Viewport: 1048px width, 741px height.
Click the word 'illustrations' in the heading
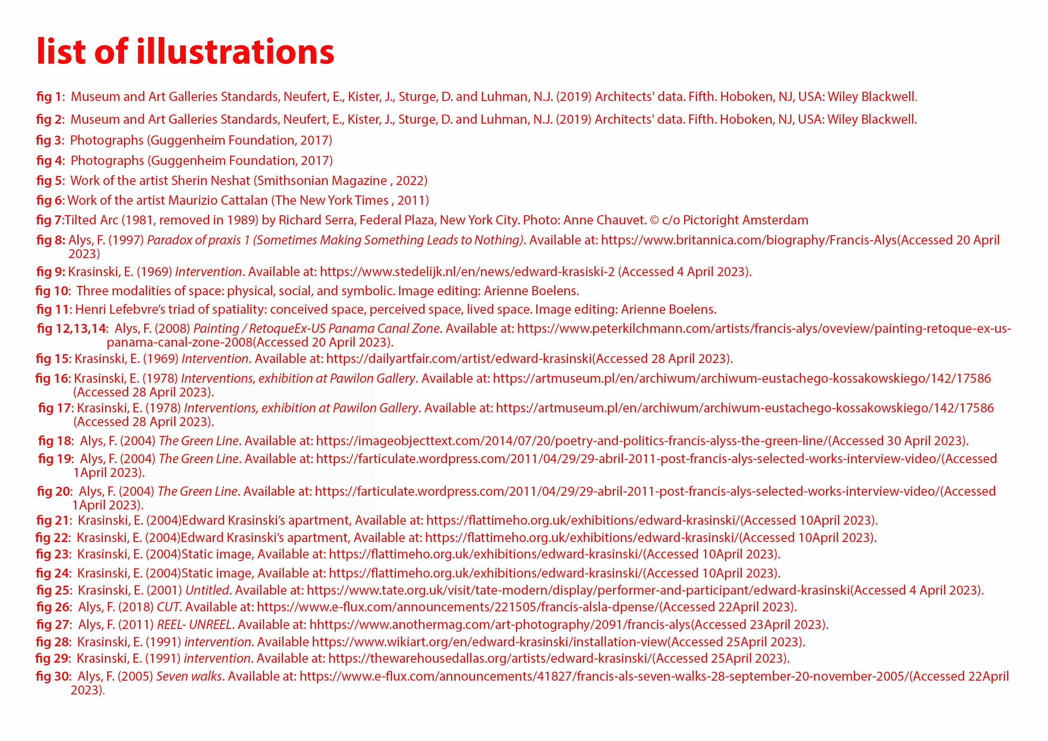pos(235,51)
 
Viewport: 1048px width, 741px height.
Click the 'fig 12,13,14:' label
pos(72,329)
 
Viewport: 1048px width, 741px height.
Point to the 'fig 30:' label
pos(53,676)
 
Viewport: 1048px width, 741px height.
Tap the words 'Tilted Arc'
pos(91,220)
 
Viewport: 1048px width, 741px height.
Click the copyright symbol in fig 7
pos(654,221)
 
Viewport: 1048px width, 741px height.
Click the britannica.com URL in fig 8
pos(749,240)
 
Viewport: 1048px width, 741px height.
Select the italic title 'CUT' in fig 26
pos(168,607)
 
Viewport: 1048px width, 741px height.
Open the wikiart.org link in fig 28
pos(489,642)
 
